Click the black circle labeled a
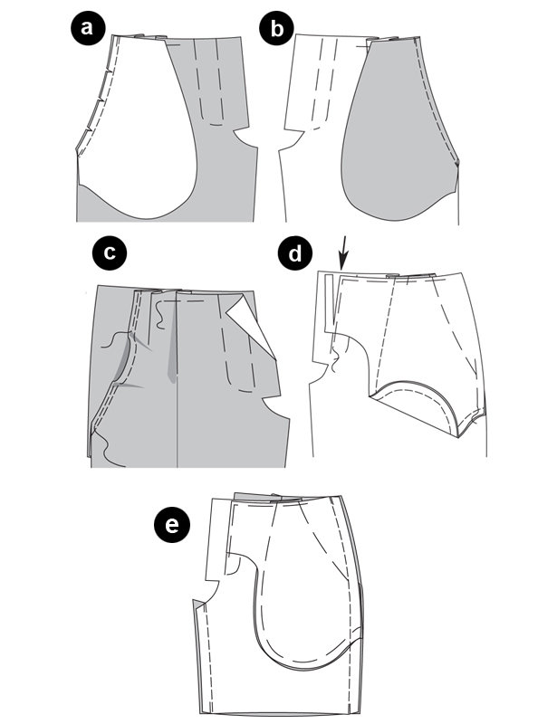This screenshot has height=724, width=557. pos(88,28)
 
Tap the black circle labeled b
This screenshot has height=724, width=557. pos(276,28)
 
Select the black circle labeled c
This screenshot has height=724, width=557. pos(110,252)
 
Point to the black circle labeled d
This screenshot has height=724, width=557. pos(295,252)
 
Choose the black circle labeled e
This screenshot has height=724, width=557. pos(171,525)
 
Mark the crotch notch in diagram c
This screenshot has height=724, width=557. pos(273,407)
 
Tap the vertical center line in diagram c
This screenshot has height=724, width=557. pos(178,378)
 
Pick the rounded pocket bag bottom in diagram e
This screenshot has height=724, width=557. pos(301,655)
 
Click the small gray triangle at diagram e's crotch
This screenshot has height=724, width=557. pos(198,605)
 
